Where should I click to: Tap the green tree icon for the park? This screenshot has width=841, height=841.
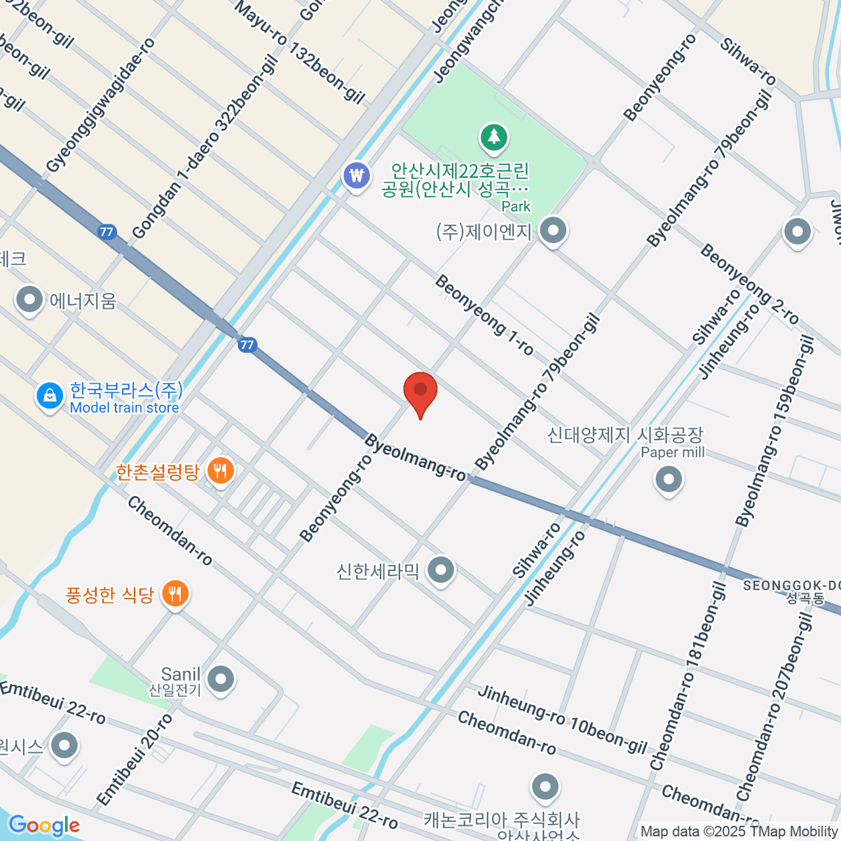(x=495, y=136)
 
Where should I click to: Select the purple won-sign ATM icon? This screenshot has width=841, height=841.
(x=357, y=175)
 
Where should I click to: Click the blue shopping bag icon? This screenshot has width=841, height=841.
(x=50, y=397)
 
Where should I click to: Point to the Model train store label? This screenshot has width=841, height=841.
(x=125, y=408)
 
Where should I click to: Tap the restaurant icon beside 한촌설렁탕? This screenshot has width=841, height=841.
(x=221, y=472)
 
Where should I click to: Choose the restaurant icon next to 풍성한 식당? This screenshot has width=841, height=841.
(x=175, y=594)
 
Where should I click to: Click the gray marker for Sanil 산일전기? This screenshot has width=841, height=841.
(x=221, y=679)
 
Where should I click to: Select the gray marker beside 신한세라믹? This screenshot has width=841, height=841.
(x=441, y=570)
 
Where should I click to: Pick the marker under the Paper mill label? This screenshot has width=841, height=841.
(x=669, y=481)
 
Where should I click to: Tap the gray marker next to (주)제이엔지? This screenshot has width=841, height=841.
(x=554, y=230)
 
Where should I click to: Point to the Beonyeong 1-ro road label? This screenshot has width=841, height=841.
(x=484, y=315)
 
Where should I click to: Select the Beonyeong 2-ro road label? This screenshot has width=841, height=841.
(x=749, y=285)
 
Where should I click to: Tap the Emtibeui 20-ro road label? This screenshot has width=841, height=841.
(x=135, y=760)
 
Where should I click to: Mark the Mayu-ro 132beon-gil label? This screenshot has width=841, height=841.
(x=299, y=53)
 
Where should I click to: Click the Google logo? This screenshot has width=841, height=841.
(x=44, y=826)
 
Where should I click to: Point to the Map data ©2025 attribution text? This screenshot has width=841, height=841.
(x=739, y=832)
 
